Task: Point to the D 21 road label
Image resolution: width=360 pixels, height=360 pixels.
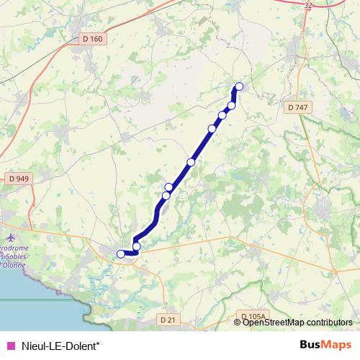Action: (168, 319)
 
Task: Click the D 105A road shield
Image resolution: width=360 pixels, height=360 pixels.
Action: (253, 316)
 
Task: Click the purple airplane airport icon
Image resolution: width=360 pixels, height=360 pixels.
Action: (9, 236)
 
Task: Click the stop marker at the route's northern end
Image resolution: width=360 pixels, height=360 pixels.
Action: (239, 87)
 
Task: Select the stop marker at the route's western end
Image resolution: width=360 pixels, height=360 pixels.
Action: (121, 253)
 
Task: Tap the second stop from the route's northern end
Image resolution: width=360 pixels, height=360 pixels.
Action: (231, 105)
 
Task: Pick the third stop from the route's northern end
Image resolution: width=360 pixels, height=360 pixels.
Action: (222, 115)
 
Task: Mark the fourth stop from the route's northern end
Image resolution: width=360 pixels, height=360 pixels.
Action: (212, 128)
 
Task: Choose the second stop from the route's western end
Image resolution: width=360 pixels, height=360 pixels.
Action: (137, 247)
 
